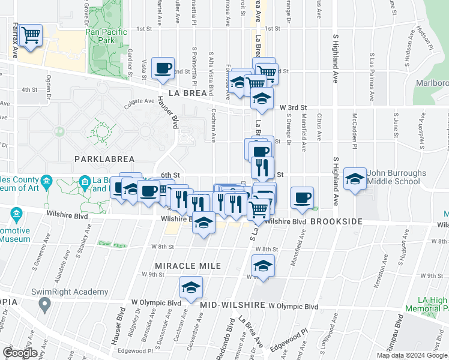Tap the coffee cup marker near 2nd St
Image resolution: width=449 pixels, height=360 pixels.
pos(163,68)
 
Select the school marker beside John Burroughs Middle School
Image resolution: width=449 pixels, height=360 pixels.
pos(355,179)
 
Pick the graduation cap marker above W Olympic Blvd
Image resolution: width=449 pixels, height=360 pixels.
pos(191,289)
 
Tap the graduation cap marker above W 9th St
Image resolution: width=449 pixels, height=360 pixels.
pos(263,266)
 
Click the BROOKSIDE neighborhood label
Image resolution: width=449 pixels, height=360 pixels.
pos(338,222)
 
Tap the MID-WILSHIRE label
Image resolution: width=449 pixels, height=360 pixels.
pos(233,305)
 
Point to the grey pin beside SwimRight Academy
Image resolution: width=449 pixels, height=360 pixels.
pos(44,304)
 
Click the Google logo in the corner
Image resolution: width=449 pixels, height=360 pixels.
pos(20,353)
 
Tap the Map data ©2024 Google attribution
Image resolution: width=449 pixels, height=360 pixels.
pos(411,355)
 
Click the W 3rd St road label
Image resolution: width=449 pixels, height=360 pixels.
pos(293,106)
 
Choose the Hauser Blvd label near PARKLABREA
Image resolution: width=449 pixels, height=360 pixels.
pos(169,114)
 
